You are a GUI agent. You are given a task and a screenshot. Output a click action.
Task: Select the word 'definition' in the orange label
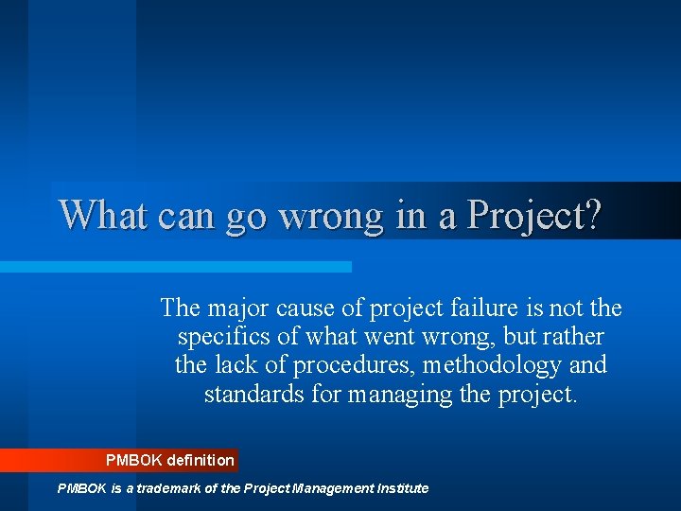(x=201, y=461)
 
